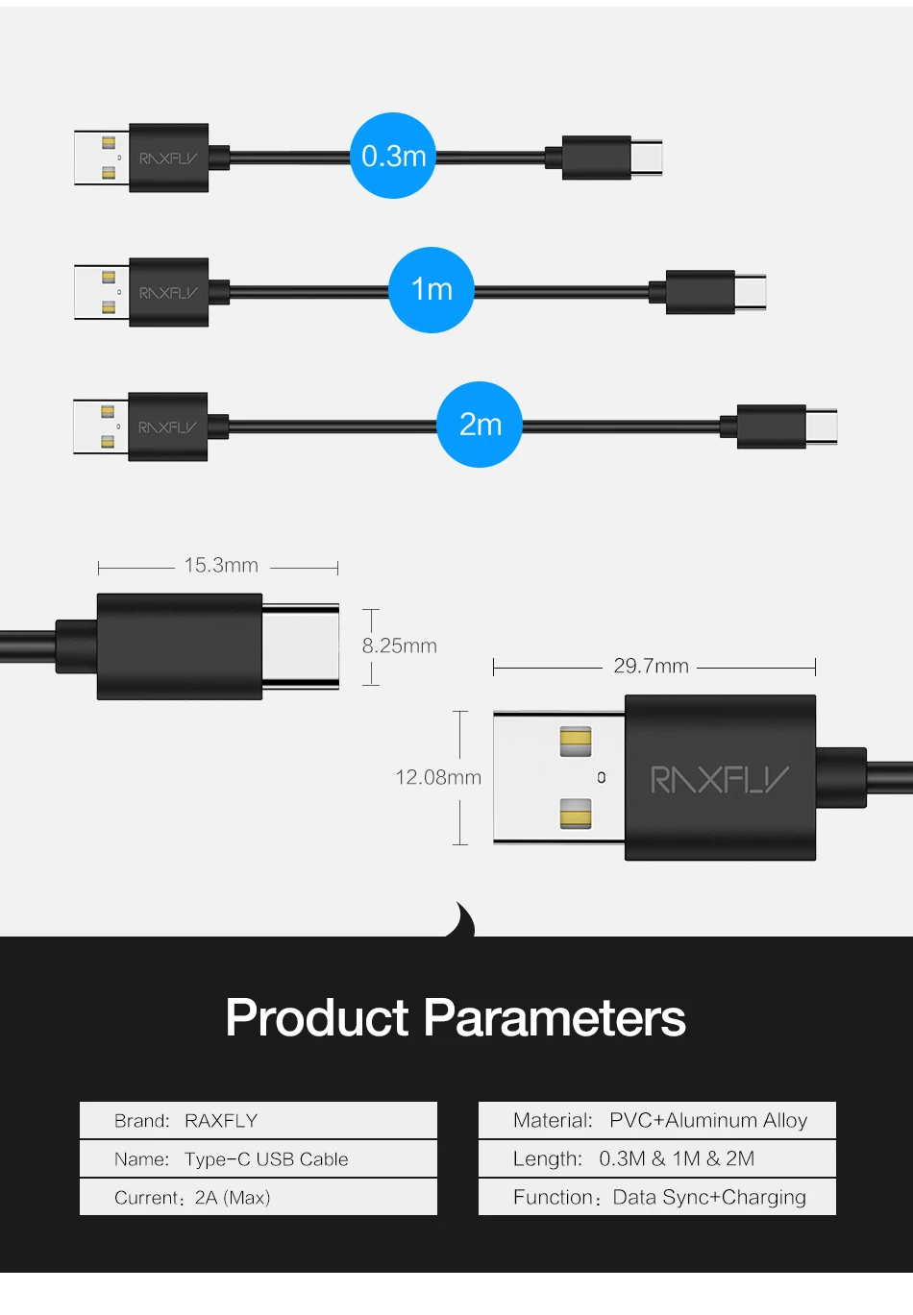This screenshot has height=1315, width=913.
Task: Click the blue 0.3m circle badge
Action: [393, 156]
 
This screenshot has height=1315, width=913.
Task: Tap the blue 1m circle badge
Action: [432, 289]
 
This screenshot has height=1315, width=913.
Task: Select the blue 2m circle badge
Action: [480, 425]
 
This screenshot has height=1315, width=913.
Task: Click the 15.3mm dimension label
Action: [221, 566]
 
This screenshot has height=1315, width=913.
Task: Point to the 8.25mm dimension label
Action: [400, 646]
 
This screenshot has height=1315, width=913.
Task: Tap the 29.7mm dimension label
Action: [652, 667]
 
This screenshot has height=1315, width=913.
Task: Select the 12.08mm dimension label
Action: [438, 777]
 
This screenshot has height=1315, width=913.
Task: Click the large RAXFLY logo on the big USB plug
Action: [720, 779]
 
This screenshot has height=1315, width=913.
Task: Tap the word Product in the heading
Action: [317, 1018]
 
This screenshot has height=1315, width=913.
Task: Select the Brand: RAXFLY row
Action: [259, 1120]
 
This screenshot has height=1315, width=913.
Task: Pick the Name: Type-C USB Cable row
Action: [259, 1159]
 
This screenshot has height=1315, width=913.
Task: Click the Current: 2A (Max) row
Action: [259, 1198]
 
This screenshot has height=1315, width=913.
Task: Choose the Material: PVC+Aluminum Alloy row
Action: [657, 1120]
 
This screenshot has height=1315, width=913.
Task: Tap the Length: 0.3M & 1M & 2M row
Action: [657, 1159]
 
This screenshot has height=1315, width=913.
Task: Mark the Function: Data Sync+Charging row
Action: [657, 1198]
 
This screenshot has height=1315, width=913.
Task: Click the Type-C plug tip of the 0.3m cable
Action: [647, 158]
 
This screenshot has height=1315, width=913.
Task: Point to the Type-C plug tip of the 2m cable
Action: [822, 426]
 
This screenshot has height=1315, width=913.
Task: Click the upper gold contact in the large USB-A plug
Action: [576, 741]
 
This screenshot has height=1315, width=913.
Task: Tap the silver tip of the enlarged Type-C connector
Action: [301, 645]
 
